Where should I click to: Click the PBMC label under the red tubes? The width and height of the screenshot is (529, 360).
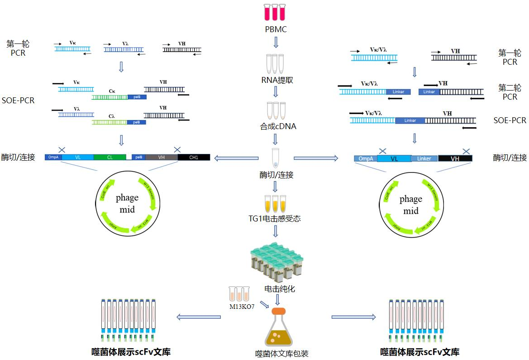(276, 29)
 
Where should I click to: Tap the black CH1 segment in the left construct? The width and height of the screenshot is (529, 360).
(194, 157)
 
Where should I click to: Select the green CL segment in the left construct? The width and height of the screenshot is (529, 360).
(110, 157)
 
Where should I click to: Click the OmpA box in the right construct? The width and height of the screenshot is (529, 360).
(365, 158)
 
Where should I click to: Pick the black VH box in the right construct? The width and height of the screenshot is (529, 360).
(455, 158)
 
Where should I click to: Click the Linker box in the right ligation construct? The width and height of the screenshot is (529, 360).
(424, 158)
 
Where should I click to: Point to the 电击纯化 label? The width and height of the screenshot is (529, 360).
(280, 288)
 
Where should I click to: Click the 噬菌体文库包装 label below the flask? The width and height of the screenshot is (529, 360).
(282, 354)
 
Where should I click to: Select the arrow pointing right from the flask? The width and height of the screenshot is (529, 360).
(354, 317)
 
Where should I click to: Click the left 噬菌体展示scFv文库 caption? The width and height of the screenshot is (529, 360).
(131, 352)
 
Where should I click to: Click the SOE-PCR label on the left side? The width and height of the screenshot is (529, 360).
(18, 100)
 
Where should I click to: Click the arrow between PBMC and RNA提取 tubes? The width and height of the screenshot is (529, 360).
(276, 43)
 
